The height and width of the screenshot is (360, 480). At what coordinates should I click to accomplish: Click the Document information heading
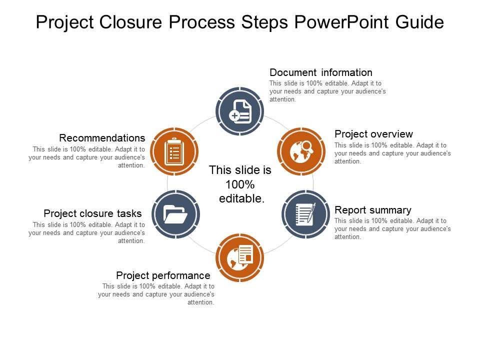tap(321, 72)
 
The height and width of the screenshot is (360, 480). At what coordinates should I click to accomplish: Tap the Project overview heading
tap(373, 134)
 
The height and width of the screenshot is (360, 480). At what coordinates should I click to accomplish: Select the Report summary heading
tap(373, 210)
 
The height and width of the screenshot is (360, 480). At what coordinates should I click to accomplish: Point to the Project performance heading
tap(163, 275)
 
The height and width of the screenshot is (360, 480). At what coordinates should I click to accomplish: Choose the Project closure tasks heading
tap(92, 213)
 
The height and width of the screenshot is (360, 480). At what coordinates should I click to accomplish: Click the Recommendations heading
tap(102, 138)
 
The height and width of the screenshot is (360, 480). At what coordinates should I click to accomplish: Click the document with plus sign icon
tap(240, 111)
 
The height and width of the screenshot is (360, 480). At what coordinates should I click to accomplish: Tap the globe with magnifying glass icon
tap(301, 151)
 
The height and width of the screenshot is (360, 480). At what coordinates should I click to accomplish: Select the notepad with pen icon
tap(306, 214)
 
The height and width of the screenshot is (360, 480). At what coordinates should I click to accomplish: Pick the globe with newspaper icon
tap(240, 257)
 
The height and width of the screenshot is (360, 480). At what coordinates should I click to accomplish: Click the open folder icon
tap(175, 214)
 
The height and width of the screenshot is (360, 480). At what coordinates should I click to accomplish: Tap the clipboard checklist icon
tap(173, 151)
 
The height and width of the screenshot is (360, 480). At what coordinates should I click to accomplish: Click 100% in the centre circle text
tap(240, 184)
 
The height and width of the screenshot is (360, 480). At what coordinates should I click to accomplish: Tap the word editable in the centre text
tap(242, 198)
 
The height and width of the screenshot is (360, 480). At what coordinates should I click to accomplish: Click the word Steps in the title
tap(269, 23)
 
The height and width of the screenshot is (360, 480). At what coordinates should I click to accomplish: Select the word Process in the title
tap(198, 23)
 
